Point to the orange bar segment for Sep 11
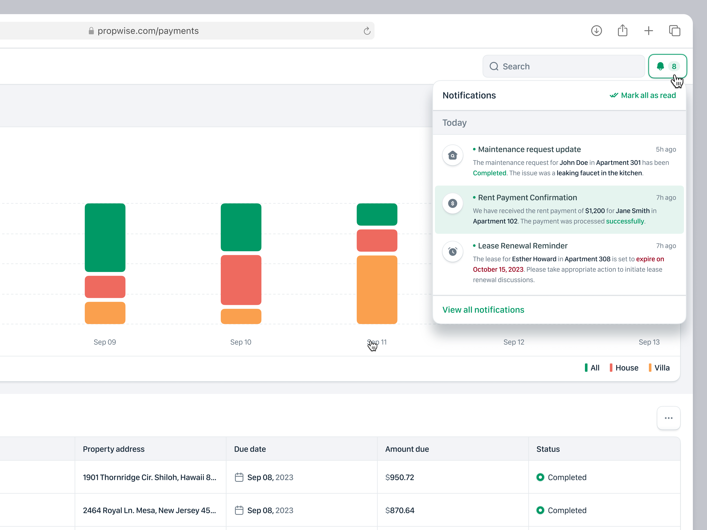point(377,289)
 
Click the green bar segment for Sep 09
point(105,237)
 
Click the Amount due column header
point(407,449)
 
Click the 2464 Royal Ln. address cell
point(149,510)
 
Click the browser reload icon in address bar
point(367,31)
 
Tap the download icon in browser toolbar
point(596,31)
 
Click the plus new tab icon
point(648,31)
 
